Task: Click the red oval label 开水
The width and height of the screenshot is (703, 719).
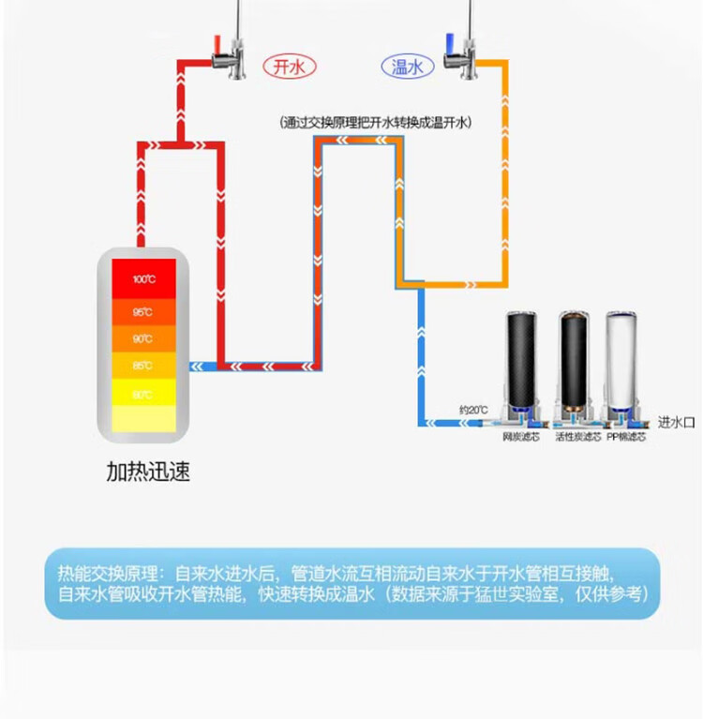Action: [289, 66]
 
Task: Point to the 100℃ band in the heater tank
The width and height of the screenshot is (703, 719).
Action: [142, 278]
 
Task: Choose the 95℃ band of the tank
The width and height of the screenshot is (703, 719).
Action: [142, 311]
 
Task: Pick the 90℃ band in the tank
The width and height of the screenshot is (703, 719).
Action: [142, 338]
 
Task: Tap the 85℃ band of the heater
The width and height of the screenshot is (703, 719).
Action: [142, 366]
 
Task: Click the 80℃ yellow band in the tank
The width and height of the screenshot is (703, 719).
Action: [142, 395]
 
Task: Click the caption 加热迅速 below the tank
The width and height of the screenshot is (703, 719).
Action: [147, 472]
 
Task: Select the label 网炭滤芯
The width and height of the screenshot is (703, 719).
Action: [522, 437]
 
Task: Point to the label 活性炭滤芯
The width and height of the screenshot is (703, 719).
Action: [577, 437]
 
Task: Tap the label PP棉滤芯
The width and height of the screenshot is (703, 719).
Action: [626, 437]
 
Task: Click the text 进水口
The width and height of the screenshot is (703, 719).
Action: [676, 423]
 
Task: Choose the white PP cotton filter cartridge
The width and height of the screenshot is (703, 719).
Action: [626, 361]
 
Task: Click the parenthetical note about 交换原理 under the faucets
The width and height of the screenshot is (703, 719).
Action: [374, 122]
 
